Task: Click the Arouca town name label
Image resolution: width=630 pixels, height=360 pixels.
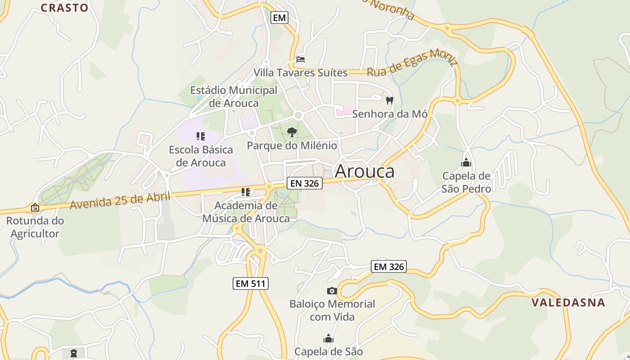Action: [364, 171]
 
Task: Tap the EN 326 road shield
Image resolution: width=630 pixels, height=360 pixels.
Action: [305, 183]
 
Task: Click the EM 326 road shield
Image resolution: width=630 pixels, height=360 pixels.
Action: [389, 266]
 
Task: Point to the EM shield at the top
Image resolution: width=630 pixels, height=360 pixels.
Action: [279, 18]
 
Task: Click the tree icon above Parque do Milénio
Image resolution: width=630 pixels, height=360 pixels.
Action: [292, 132]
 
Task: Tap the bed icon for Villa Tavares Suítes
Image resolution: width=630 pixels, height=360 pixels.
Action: [301, 59]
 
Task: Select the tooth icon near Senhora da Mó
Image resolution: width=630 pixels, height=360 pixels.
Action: [390, 101]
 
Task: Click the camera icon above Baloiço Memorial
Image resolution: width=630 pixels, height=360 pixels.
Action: [332, 291]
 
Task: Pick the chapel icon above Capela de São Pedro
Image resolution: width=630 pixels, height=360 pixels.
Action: [466, 162]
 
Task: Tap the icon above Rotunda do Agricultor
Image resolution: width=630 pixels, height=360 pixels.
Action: [35, 207]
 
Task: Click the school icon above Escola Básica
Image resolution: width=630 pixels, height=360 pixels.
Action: [201, 136]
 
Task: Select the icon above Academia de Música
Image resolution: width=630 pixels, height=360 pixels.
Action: [246, 192]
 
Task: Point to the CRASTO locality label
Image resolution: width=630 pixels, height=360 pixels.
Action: [64, 8]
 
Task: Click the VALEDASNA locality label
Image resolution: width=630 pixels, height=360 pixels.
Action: [568, 302]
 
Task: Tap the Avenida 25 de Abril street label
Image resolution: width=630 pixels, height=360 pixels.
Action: [120, 200]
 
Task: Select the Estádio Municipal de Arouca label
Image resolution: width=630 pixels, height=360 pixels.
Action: [234, 96]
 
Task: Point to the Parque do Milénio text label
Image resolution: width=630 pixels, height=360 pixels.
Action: [292, 145]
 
